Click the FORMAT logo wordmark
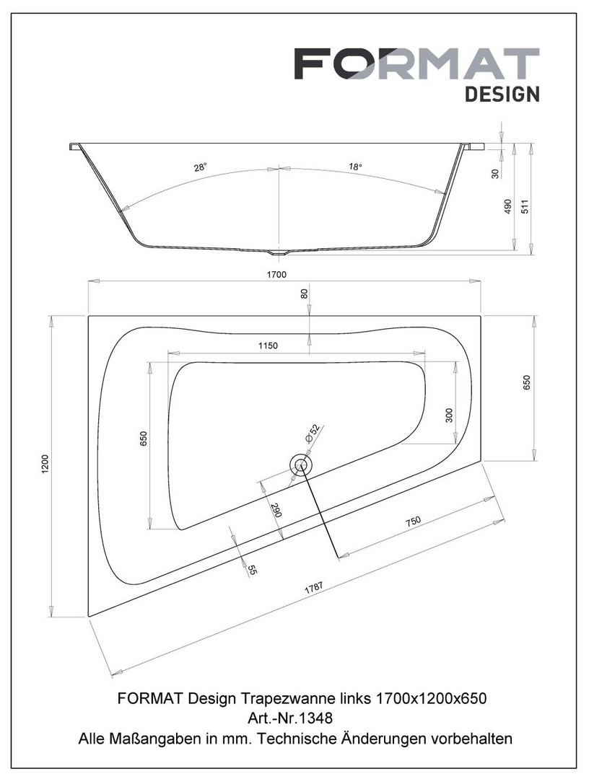(416, 64)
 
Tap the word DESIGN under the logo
(502, 94)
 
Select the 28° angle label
(200, 167)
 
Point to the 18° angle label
(354, 167)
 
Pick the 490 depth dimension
(508, 206)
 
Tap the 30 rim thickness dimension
(496, 173)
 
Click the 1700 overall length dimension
(276, 274)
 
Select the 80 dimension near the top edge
(304, 294)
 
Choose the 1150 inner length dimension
(267, 346)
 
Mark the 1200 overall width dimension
(45, 465)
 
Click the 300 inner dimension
(449, 415)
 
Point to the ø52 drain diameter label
(313, 434)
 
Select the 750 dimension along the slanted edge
(413, 521)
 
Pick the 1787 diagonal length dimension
(313, 588)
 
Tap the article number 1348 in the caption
(315, 718)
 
